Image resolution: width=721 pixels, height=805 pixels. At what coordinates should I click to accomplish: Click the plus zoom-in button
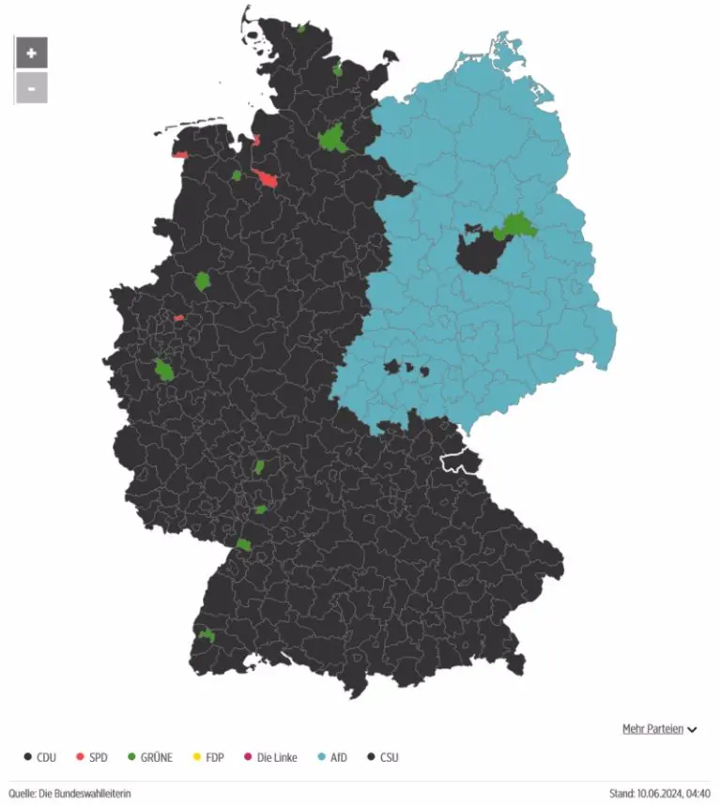point(31,53)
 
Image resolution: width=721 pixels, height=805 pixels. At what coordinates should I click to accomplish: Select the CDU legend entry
point(38,756)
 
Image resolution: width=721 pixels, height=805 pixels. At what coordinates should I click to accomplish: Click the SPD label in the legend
point(99,756)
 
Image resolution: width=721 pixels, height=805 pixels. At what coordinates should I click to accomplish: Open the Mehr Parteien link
point(652,729)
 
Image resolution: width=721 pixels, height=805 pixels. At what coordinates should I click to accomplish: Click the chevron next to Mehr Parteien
point(692,730)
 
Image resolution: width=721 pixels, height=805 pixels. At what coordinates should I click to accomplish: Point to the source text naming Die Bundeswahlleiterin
point(70,793)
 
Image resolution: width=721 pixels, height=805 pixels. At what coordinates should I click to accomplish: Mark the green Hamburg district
point(332,140)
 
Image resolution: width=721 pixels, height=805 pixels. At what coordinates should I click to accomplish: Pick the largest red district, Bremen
point(268,180)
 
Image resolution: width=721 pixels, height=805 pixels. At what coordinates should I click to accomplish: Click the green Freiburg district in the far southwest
point(207,636)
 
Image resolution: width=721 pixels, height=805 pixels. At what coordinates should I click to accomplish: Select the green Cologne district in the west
point(165,370)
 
